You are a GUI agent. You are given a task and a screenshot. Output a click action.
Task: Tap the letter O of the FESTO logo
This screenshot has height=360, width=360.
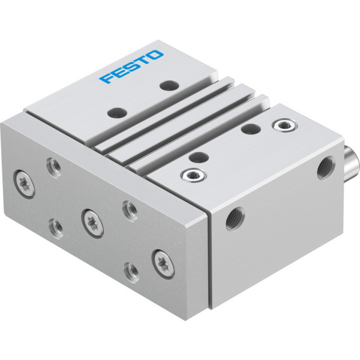(155, 55)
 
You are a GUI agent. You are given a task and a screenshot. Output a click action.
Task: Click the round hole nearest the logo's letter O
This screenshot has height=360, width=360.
(170, 85)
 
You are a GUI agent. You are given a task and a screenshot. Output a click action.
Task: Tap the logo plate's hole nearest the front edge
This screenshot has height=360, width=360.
(118, 113)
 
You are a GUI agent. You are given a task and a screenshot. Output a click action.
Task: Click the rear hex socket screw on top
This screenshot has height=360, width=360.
(284, 125)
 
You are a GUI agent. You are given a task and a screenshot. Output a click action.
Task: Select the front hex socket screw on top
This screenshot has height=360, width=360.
(193, 175)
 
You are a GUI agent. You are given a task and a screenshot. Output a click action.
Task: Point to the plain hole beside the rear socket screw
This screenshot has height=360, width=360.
(251, 128)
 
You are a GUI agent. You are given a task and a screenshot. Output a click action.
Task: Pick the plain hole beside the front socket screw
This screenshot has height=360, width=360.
(199, 157)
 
